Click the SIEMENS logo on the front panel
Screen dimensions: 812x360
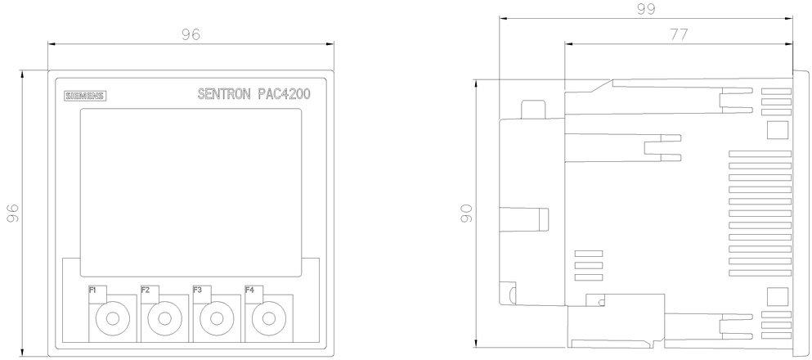[85, 96]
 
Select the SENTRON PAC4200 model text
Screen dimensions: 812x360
[253, 94]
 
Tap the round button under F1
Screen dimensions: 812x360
[113, 318]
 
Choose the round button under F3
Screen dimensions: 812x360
[218, 318]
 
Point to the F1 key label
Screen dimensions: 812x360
[92, 290]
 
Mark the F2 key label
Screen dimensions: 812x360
[146, 290]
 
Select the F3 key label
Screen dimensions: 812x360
[197, 290]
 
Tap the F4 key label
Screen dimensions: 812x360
[249, 290]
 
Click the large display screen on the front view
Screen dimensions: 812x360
[191, 193]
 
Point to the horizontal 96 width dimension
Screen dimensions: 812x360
[191, 34]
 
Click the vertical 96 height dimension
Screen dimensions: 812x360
[13, 213]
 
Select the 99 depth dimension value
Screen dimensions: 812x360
[646, 9]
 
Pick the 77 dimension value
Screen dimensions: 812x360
[679, 34]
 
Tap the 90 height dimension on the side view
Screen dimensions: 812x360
[467, 213]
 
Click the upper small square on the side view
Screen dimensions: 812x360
[776, 129]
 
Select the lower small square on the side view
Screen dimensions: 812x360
[776, 297]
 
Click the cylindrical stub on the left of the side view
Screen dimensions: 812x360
[524, 218]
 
